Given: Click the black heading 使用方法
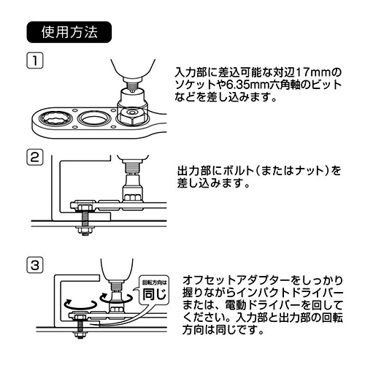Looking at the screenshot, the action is click(69, 32).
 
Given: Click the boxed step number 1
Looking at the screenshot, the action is click(34, 60).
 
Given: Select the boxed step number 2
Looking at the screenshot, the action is click(34, 157).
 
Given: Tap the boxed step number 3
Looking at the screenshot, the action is click(34, 264).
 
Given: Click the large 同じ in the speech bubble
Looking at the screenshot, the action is click(155, 294).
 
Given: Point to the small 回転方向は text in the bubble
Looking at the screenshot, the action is click(155, 283).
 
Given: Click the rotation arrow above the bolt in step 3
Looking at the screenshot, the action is click(80, 304).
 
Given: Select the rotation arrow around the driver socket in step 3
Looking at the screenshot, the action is click(117, 299).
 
